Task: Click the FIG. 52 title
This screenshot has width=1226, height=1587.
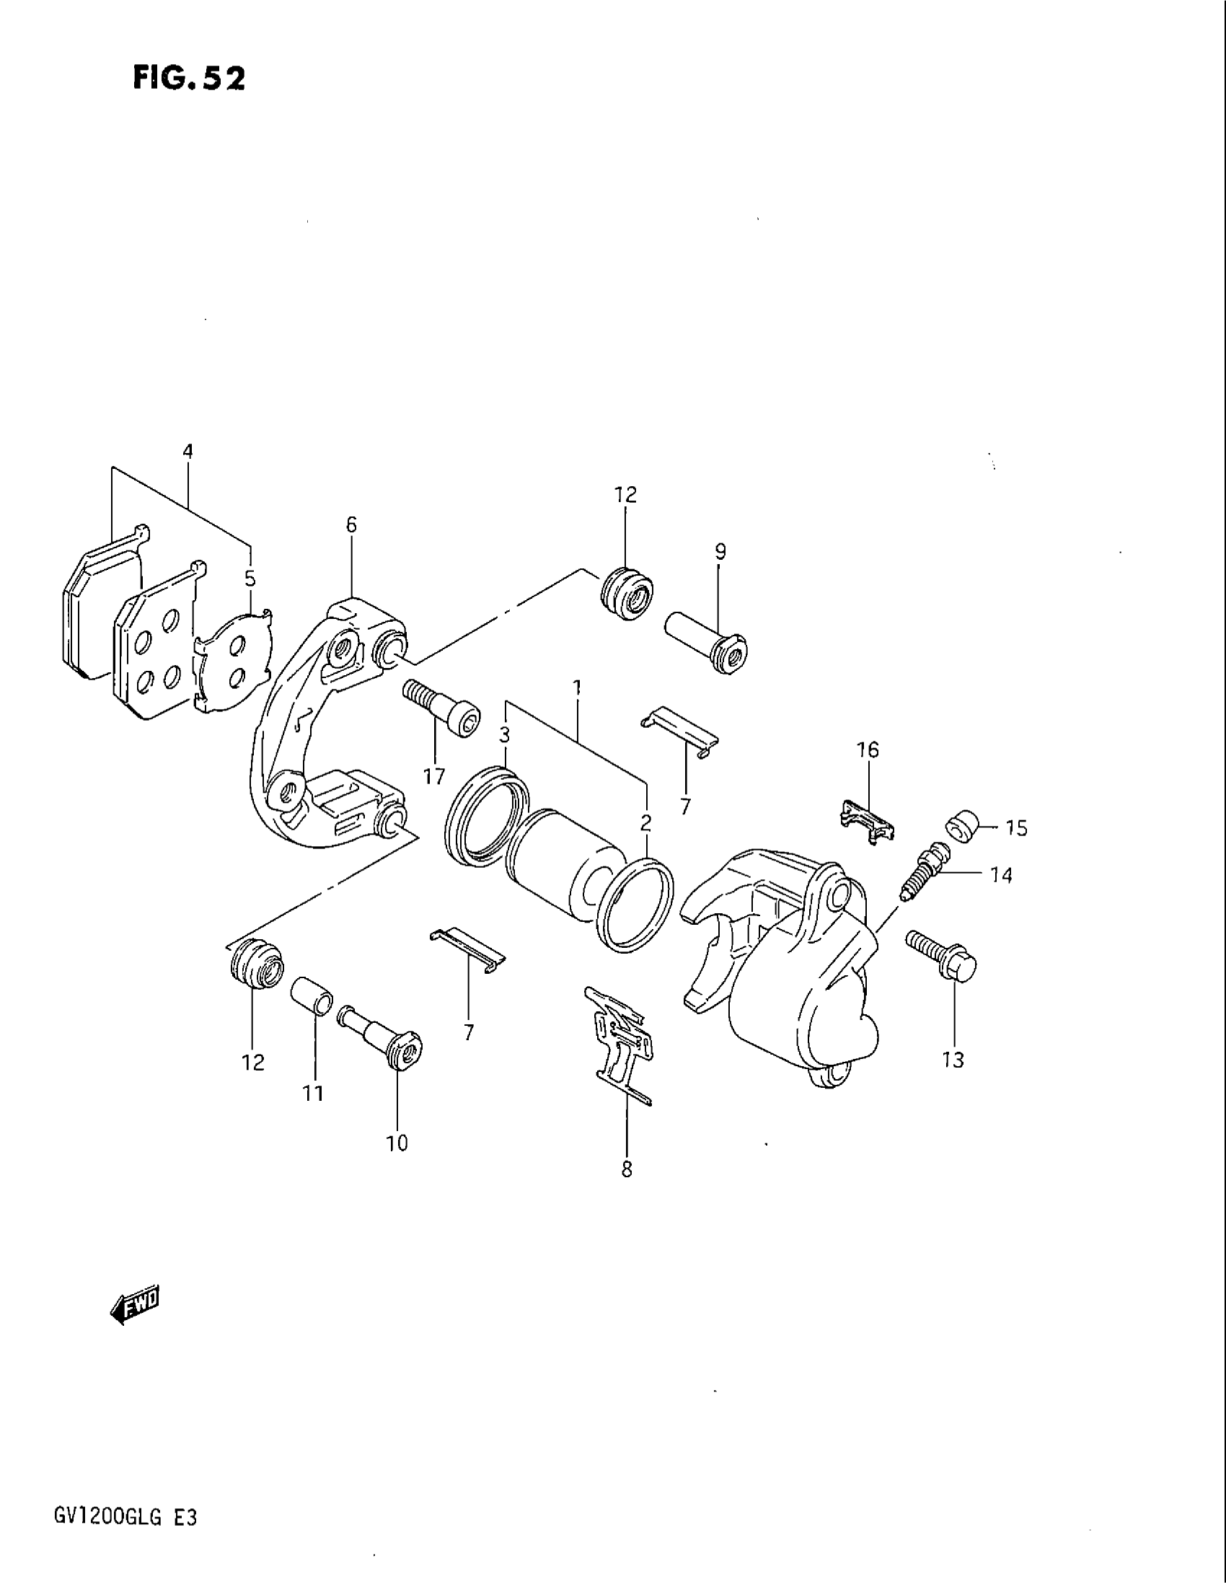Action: [x=189, y=79]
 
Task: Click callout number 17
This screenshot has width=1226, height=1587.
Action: [x=434, y=777]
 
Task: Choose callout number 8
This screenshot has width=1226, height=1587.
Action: [x=627, y=1169]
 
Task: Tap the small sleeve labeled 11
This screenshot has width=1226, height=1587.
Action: [x=312, y=996]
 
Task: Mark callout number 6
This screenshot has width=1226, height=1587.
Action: [x=351, y=524]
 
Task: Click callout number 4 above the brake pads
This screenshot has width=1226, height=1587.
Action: [x=188, y=452]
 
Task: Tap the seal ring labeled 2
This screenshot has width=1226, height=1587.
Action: [x=634, y=905]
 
